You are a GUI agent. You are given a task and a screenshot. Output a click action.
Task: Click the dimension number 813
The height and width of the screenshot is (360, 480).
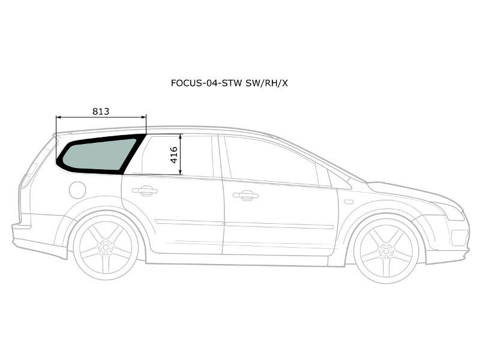coord(101,112)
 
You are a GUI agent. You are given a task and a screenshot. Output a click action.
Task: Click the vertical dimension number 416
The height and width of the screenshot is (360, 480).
coord(173,155)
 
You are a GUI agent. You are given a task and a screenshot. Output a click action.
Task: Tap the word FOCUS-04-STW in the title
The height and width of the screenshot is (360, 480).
coord(206,83)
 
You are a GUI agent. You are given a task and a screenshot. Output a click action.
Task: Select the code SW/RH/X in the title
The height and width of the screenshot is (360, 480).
coord(266,83)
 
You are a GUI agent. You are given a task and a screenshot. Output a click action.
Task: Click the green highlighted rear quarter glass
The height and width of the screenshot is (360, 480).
coord(98,155)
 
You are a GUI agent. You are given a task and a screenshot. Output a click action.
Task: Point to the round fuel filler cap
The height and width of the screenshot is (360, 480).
coord(77,190)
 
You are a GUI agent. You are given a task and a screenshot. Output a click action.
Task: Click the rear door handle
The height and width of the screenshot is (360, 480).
coord(145,191)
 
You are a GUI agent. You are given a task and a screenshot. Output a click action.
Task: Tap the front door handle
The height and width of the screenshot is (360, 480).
coord(245,196)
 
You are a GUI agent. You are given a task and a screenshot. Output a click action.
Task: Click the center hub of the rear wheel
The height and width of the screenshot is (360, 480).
coord(106,247)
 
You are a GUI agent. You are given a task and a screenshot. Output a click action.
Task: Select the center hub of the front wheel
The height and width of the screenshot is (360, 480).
coord(386,251)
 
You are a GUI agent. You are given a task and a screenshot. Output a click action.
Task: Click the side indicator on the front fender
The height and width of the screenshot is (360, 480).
coord(349,202)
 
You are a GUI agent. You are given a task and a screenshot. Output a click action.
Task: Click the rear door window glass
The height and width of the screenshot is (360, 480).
coord(177,155)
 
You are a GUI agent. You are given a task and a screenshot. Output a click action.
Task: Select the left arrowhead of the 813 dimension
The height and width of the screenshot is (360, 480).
coord(58,117)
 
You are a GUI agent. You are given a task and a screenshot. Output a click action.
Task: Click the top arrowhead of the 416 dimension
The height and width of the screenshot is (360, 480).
coord(181,136)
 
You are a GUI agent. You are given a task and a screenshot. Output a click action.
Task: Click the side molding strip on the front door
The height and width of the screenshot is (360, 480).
coord(279,226)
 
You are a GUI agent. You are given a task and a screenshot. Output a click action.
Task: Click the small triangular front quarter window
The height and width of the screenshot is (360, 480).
coord(338,181)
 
